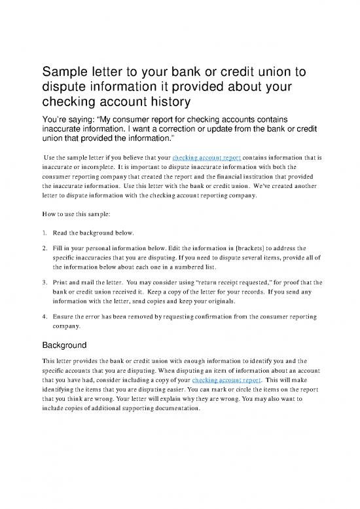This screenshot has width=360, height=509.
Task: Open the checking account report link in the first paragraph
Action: point(208,158)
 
